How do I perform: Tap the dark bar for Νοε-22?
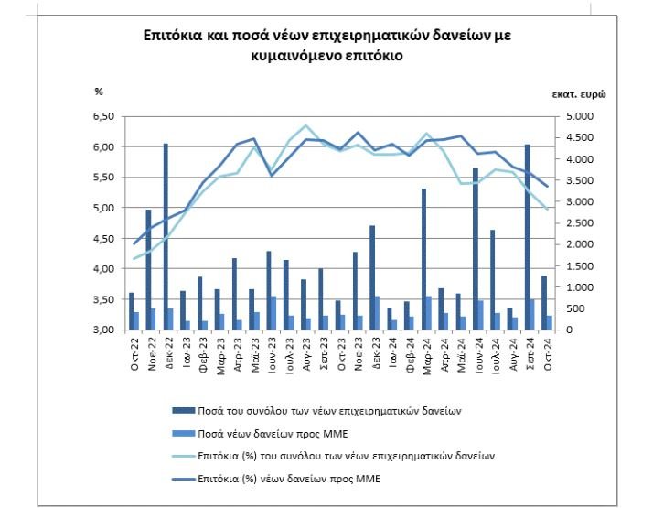(x=148, y=269)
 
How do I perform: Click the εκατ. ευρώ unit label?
(x=578, y=93)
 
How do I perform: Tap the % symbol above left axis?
(x=99, y=92)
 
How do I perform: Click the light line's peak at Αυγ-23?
(x=305, y=125)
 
